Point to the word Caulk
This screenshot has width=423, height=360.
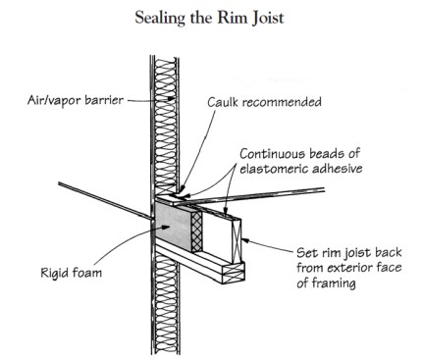click(227, 100)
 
